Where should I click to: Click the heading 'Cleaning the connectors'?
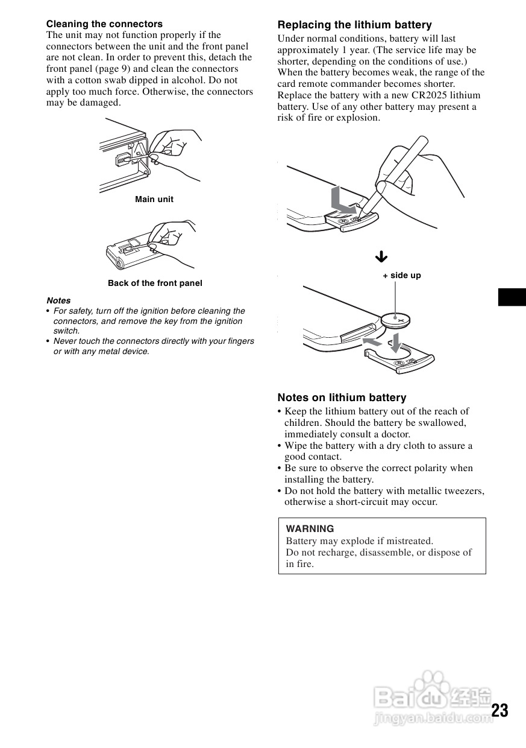[104, 24]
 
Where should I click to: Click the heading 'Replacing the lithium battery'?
[354, 25]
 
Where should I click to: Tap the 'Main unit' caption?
[154, 199]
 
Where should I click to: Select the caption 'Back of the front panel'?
[155, 283]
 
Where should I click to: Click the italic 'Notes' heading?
[58, 300]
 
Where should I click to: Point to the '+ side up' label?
[402, 276]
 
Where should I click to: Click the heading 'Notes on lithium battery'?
[342, 398]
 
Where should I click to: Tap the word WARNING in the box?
[310, 529]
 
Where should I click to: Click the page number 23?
[499, 711]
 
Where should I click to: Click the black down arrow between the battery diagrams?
[381, 257]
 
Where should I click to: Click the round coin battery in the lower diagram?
[395, 319]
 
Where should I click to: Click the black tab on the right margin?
[512, 297]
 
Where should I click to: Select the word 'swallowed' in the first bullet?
[444, 422]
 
